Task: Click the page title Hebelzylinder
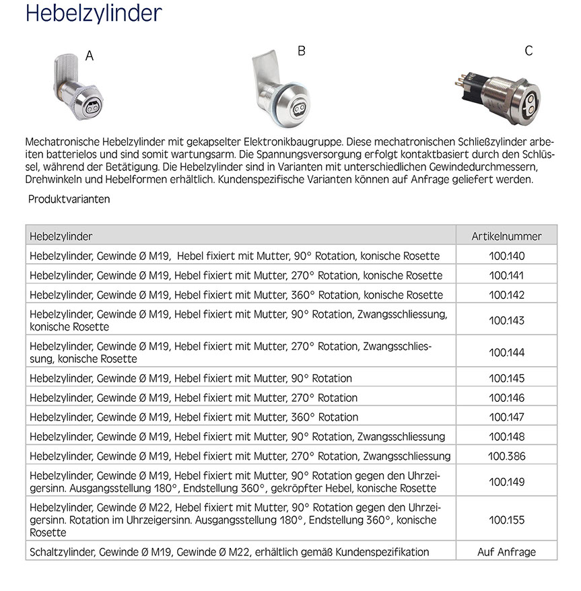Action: coord(94,14)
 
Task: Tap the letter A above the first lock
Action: coord(90,56)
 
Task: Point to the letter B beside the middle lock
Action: coord(302,51)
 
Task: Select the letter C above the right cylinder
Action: coord(528,51)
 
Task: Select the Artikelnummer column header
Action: coord(506,236)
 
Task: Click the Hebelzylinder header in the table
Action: coord(61,236)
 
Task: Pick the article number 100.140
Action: coord(506,256)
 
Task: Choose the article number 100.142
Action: coord(506,295)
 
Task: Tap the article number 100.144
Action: coord(506,353)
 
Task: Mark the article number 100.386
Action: coord(506,456)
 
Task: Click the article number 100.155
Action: coord(506,520)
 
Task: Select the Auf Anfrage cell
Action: coord(506,552)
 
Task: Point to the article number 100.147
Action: coord(506,417)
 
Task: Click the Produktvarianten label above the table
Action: coord(69,199)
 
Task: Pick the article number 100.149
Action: coord(506,482)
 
